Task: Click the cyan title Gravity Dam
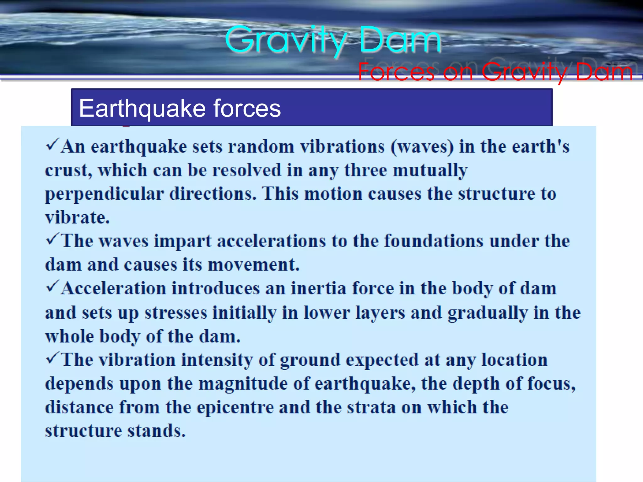[333, 40]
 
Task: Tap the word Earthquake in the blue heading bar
[143, 108]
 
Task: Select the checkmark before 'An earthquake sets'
[52, 145]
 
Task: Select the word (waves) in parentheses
[422, 147]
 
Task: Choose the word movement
[253, 265]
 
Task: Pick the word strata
[371, 407]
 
